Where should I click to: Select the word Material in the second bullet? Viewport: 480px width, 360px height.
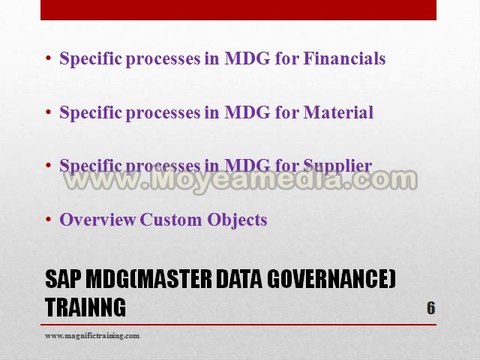coord(335,112)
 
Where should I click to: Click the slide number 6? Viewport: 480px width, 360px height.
coord(430,307)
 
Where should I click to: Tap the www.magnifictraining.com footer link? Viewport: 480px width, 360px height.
coord(92,336)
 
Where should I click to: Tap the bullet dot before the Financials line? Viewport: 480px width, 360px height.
coord(49,59)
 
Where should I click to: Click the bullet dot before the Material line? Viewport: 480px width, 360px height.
coord(49,113)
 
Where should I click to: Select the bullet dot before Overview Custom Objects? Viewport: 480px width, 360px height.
coord(49,220)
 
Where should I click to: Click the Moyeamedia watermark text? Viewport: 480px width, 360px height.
coord(240,181)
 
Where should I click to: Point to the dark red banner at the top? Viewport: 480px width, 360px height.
coord(239,10)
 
